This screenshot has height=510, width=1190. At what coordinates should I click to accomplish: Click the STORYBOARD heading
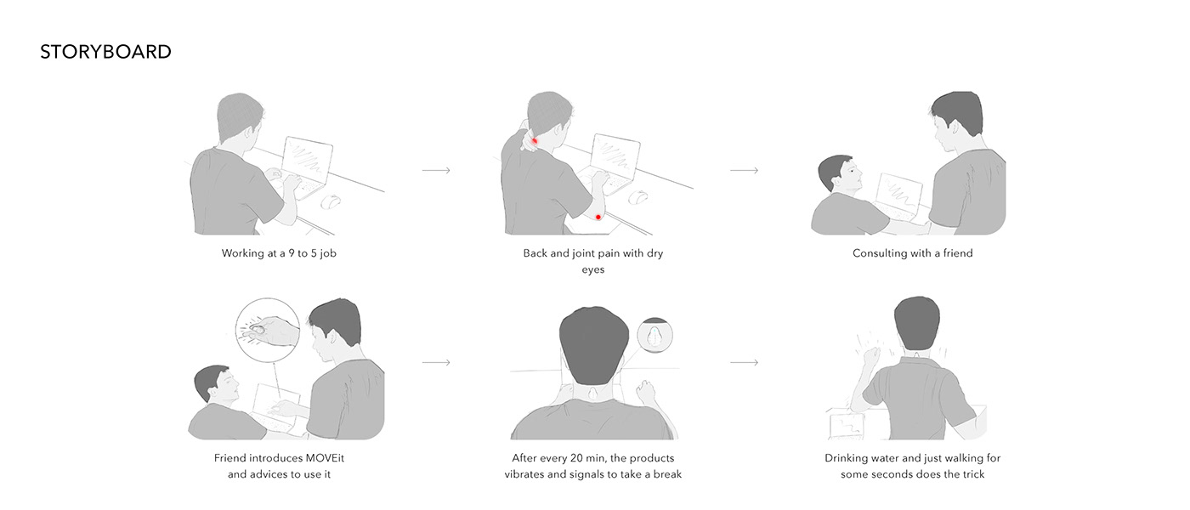tap(105, 52)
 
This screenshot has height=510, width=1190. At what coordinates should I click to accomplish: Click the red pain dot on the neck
tap(535, 140)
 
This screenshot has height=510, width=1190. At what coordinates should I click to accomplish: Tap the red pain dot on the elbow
tap(598, 218)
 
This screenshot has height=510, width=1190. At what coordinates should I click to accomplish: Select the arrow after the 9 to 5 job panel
tap(436, 171)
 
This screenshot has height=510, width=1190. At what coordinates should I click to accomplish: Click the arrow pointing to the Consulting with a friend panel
tap(744, 171)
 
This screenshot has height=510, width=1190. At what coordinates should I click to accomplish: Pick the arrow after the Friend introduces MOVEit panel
tap(436, 363)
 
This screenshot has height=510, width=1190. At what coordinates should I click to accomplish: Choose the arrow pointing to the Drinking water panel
tap(744, 363)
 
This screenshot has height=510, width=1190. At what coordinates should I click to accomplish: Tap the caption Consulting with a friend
tap(912, 253)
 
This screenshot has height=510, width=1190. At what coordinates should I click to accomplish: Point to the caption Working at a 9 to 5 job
tap(279, 253)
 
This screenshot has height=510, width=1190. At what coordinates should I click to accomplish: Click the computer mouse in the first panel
tap(330, 202)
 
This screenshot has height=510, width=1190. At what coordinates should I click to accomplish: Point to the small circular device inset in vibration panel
tap(654, 335)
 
